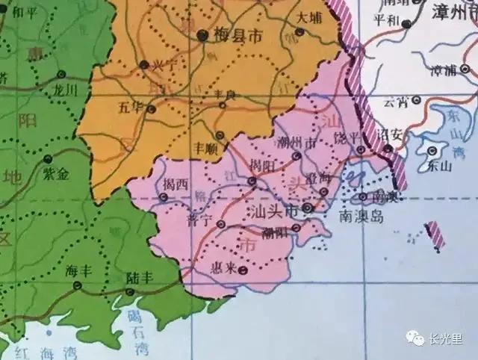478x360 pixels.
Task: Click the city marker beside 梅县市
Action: [202, 35]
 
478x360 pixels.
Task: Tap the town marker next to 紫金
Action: [47, 159]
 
